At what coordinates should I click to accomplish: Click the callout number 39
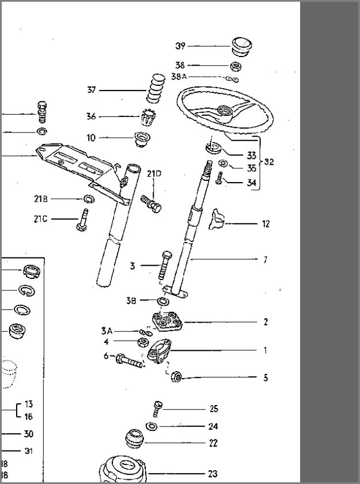coord(180,46)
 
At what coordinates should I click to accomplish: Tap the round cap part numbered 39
coord(241,47)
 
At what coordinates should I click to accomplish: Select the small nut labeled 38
coord(236,66)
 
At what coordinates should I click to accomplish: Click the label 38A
coord(179,76)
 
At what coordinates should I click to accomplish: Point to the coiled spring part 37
coord(156,88)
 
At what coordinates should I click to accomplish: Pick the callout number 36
coord(91,116)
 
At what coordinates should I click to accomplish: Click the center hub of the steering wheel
coord(226,111)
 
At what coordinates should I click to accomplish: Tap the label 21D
coord(154,174)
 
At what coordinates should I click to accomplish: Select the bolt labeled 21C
coord(82,220)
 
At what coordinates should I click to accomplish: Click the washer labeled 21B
coord(89,199)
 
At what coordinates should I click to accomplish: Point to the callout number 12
coord(266,224)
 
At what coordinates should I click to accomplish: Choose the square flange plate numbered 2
coord(166,322)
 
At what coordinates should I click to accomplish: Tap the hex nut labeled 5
coord(176,377)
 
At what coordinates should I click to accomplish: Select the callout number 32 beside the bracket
coord(268,162)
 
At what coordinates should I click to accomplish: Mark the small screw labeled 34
coord(219,179)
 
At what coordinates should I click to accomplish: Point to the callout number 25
coord(214,409)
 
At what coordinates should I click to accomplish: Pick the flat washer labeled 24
coord(151,426)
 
